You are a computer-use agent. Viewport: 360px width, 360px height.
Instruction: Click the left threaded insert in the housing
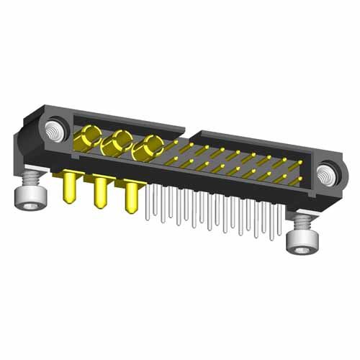click(x=54, y=132)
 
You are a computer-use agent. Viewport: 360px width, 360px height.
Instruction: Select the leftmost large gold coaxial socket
click(x=91, y=135)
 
